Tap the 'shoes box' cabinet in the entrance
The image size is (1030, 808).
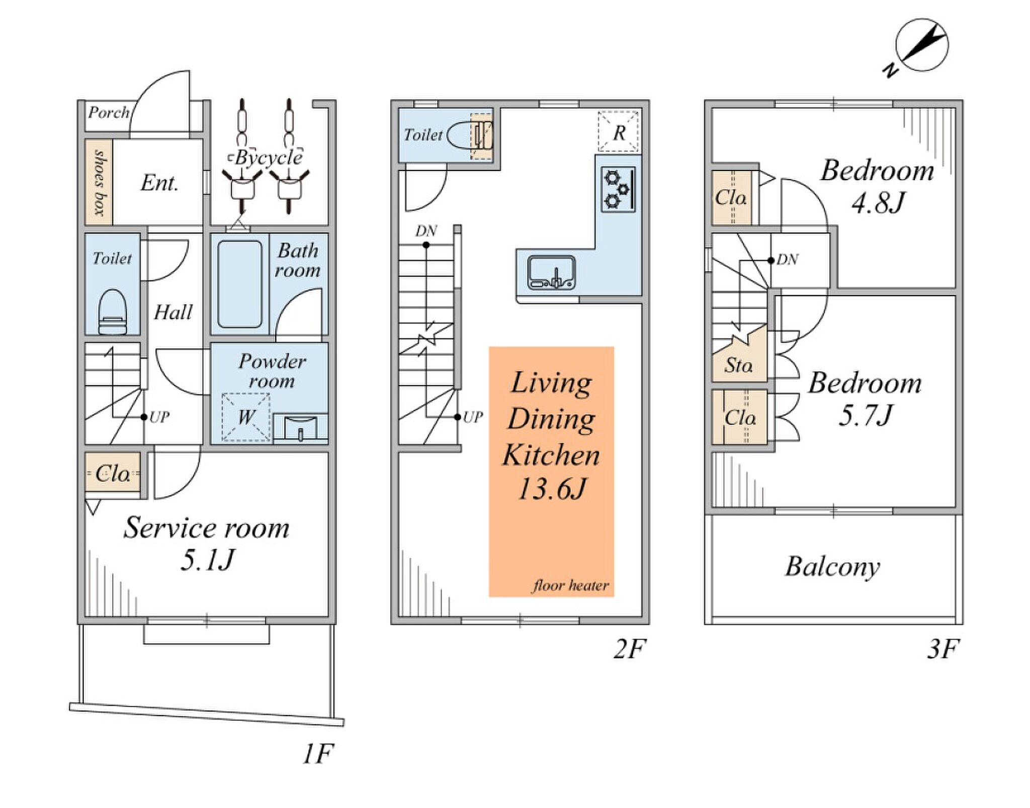pyautogui.click(x=99, y=182)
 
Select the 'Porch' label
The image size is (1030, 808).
pyautogui.click(x=109, y=112)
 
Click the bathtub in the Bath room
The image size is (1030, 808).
pyautogui.click(x=240, y=284)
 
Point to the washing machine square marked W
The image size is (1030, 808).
pyautogui.click(x=246, y=417)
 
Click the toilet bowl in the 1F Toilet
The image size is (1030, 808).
pyautogui.click(x=113, y=312)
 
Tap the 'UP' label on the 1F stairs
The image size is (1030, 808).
pyautogui.click(x=159, y=417)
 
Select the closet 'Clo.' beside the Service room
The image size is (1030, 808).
pyautogui.click(x=112, y=473)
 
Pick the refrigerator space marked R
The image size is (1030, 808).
pyautogui.click(x=619, y=132)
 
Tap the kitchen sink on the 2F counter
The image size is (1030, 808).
pyautogui.click(x=551, y=272)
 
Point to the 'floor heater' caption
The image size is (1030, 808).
pyautogui.click(x=571, y=585)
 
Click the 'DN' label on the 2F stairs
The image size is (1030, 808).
pyautogui.click(x=426, y=231)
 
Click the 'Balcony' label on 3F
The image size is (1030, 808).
pyautogui.click(x=833, y=567)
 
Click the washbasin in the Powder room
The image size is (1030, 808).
pyautogui.click(x=301, y=429)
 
